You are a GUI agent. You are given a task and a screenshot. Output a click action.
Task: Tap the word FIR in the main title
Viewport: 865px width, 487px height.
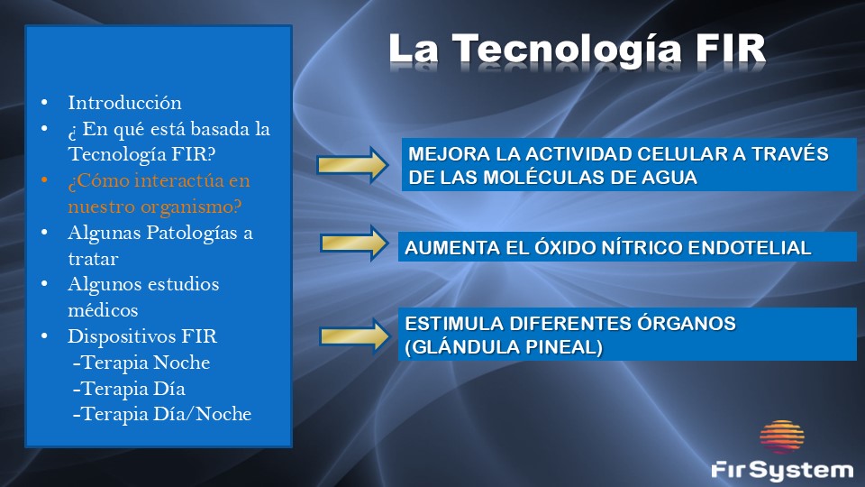click(x=731, y=48)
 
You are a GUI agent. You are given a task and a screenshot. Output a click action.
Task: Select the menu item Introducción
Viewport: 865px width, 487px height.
click(x=124, y=103)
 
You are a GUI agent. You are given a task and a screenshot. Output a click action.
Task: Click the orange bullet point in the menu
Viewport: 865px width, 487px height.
click(x=44, y=180)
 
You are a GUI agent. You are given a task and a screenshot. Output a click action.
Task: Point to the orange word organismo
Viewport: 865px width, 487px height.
click(x=189, y=207)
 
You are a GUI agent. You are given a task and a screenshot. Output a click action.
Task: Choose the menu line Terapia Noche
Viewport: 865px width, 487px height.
click(x=141, y=363)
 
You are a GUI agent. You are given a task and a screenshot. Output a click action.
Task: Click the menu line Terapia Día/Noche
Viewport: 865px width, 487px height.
click(x=162, y=414)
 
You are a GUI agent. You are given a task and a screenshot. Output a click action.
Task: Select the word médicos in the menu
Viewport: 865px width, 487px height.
click(x=103, y=309)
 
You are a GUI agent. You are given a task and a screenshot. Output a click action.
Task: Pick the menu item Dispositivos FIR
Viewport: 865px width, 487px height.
click(x=142, y=336)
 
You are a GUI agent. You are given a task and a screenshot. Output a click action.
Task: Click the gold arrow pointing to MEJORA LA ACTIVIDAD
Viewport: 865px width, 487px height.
click(x=352, y=164)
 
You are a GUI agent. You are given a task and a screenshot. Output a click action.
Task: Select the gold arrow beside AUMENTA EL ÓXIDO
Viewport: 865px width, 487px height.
click(x=354, y=243)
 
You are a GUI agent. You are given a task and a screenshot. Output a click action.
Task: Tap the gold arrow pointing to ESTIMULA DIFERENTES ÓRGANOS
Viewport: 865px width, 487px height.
click(x=355, y=335)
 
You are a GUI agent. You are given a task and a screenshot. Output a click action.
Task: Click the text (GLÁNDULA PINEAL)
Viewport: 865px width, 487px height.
click(x=504, y=347)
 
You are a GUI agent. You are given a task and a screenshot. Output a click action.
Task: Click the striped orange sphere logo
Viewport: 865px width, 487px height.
click(x=782, y=437)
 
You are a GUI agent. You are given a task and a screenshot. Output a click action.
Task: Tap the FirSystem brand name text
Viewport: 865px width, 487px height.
click(x=782, y=471)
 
